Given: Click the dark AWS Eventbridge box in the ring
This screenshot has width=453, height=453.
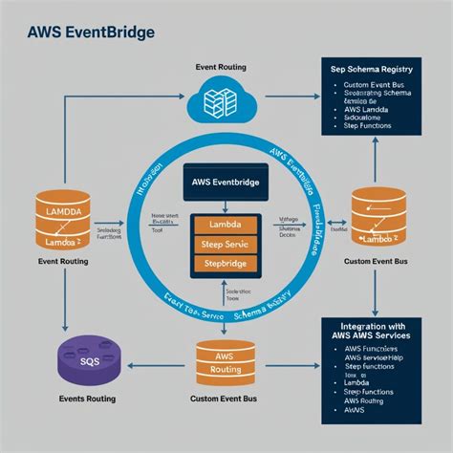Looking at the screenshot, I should pyautogui.click(x=226, y=181).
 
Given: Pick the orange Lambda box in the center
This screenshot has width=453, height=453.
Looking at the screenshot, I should pyautogui.click(x=226, y=224).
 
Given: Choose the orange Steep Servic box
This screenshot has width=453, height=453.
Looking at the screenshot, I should pyautogui.click(x=226, y=245).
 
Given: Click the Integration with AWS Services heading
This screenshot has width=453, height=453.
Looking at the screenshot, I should pyautogui.click(x=376, y=331).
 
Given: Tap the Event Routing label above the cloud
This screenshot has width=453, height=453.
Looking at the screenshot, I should pyautogui.click(x=222, y=67).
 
